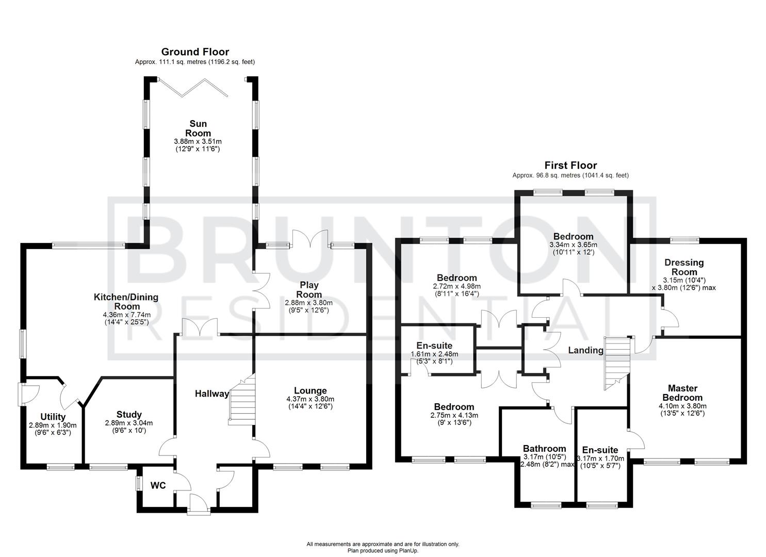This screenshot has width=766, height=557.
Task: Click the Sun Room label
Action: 198,128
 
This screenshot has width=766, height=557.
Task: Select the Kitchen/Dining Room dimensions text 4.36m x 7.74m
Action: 126,315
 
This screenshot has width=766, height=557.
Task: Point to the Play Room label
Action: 309,289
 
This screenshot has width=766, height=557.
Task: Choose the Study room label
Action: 129,415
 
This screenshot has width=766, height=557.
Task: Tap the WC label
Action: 158,486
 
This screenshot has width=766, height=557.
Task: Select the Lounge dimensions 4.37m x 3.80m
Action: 310,399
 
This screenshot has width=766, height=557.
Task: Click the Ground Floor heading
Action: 195,52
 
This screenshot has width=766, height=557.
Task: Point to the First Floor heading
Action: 571,166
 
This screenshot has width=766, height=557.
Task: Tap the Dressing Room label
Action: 684,267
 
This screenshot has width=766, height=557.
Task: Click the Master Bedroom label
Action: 682,393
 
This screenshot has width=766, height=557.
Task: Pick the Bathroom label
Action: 544,449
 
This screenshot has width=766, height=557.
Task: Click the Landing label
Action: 585,351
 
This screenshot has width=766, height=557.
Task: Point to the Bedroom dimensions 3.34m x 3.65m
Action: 573,245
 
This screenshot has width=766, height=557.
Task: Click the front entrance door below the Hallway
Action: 199,504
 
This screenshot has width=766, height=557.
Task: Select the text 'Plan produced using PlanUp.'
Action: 382,551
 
